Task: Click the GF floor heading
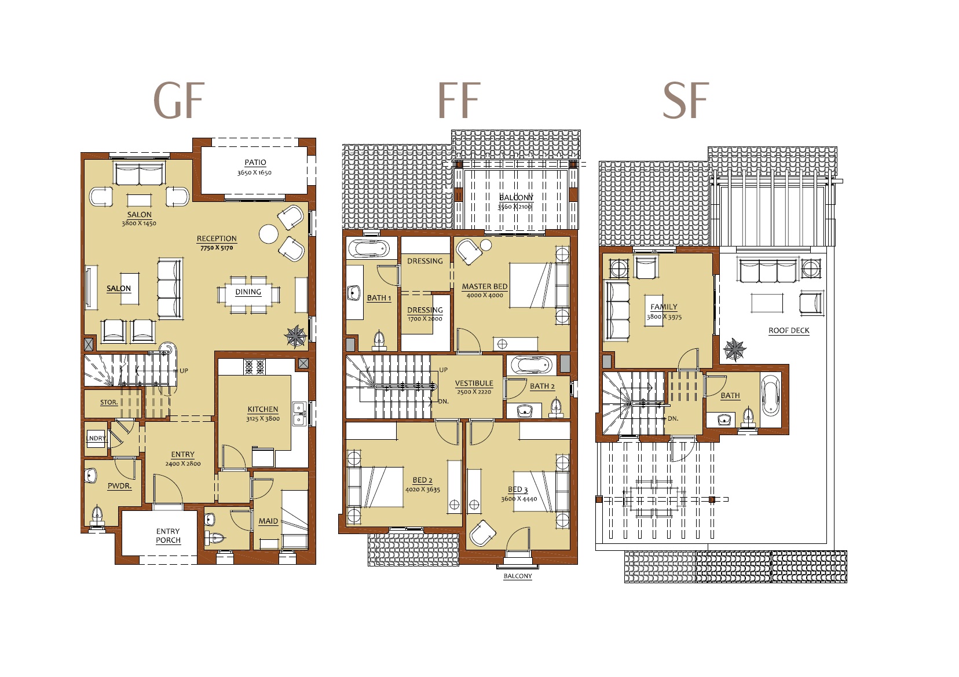coord(179,100)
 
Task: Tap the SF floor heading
coord(686,100)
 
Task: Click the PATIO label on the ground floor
coord(255,163)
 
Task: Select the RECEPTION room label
coord(217,238)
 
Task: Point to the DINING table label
coord(248,292)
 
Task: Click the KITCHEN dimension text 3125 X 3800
coord(262,418)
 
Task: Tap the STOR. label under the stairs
coord(109,402)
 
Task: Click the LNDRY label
coord(96,438)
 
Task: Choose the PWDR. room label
coord(119,486)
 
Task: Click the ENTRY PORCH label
coord(168,536)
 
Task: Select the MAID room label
coord(268,521)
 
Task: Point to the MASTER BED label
coord(484,286)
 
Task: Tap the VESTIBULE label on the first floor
coord(474,383)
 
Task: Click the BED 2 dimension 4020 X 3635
coord(422,490)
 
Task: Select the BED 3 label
coord(518,490)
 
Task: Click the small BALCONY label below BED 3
coord(517,576)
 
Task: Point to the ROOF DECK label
coord(789,330)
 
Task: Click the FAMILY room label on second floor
coord(664,307)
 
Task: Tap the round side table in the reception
coord(269,234)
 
